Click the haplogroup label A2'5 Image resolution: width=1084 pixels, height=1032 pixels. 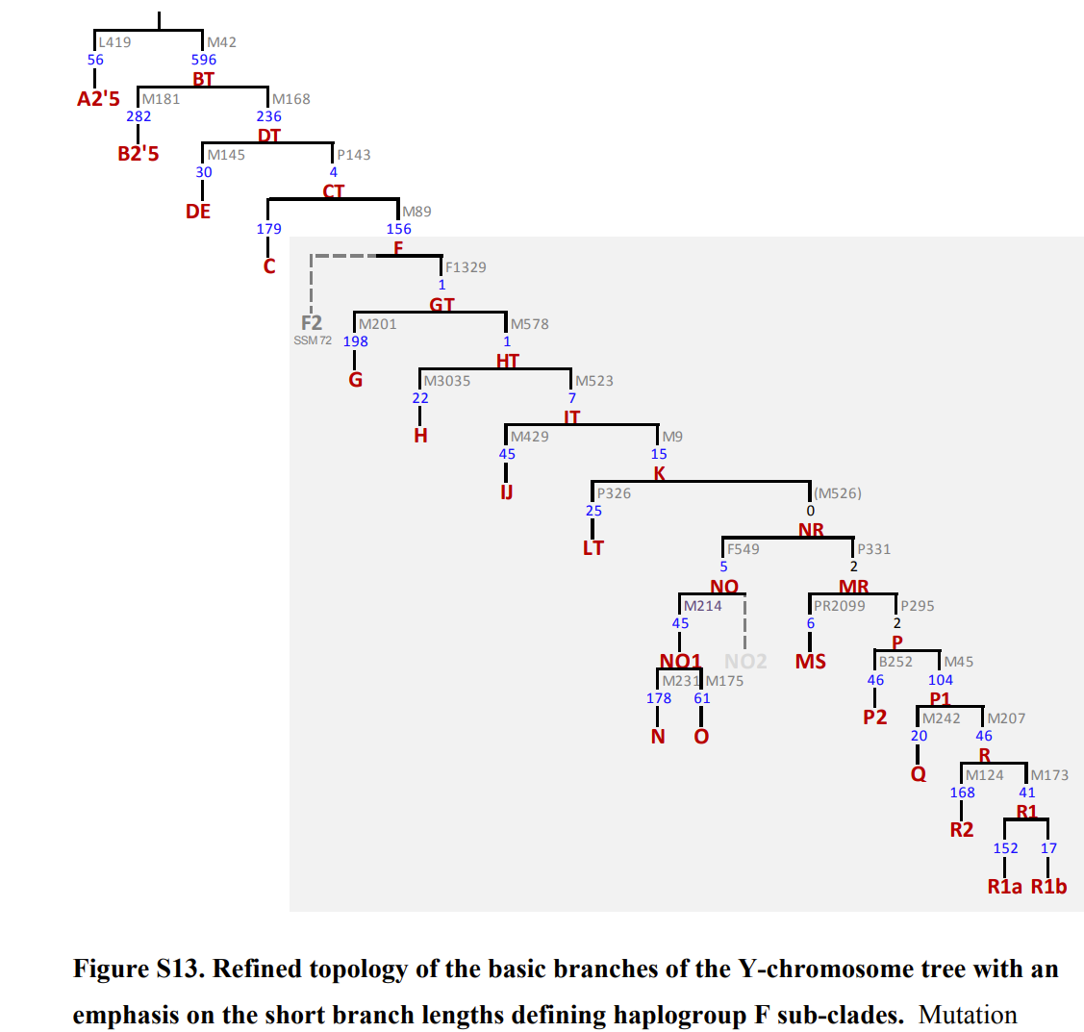click(x=98, y=98)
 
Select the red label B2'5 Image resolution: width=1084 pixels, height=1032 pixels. click(x=139, y=154)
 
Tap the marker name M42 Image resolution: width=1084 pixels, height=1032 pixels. click(x=221, y=42)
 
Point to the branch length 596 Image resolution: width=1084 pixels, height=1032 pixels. click(x=204, y=60)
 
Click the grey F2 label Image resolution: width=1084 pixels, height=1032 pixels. click(x=312, y=323)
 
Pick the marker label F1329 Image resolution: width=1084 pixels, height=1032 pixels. click(x=466, y=267)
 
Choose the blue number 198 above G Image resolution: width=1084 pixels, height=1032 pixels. click(x=355, y=341)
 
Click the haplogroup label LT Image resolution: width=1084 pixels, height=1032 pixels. click(x=592, y=548)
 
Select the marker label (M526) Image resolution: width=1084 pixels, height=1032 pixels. click(x=838, y=493)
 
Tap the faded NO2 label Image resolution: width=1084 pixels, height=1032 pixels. click(x=745, y=661)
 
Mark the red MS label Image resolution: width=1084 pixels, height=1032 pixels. click(x=811, y=662)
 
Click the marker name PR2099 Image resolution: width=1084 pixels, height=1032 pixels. click(x=839, y=606)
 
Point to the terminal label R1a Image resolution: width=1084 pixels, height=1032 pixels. click(x=1005, y=887)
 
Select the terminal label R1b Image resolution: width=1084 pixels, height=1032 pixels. click(x=1048, y=887)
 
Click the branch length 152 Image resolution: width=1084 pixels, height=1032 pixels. click(x=1005, y=848)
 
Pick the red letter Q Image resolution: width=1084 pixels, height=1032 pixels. click(x=919, y=774)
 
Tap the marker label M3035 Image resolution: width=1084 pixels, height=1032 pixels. click(x=447, y=381)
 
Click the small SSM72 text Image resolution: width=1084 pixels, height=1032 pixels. click(x=313, y=340)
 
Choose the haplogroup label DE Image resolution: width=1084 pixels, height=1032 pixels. click(x=198, y=212)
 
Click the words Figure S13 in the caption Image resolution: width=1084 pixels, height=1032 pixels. click(x=137, y=969)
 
